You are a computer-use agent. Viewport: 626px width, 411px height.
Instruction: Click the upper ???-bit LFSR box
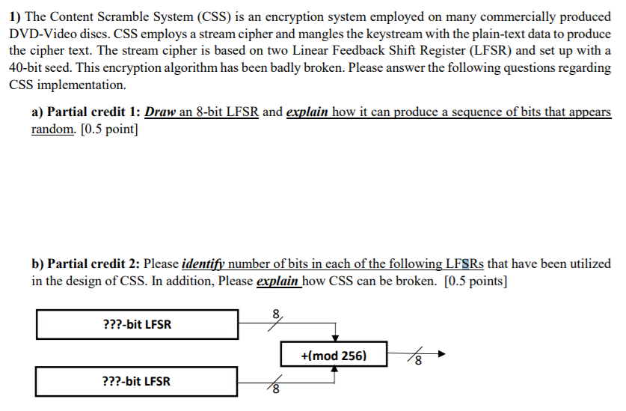pyautogui.click(x=136, y=324)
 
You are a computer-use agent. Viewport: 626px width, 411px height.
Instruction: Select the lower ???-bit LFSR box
pyautogui.click(x=136, y=381)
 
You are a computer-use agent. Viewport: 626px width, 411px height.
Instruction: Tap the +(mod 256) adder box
pyautogui.click(x=334, y=355)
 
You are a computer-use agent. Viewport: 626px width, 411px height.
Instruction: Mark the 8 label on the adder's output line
pyautogui.click(x=418, y=363)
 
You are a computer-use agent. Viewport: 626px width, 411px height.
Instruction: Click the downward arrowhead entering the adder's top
pyautogui.click(x=337, y=336)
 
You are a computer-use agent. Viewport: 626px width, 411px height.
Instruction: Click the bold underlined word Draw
pyautogui.click(x=159, y=112)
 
